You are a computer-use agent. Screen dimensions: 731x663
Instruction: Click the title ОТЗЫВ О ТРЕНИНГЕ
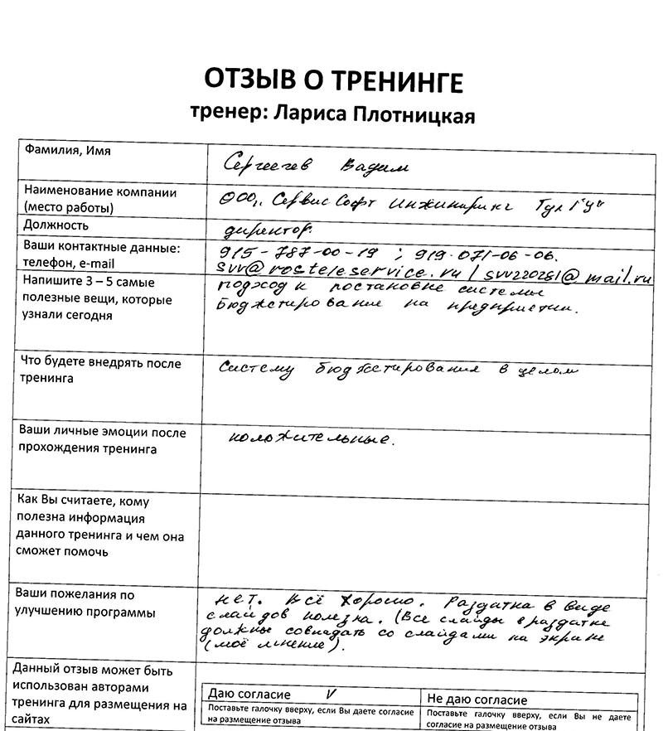(333, 82)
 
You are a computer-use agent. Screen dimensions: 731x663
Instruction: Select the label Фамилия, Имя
(68, 152)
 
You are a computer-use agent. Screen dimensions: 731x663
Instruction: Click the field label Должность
(56, 225)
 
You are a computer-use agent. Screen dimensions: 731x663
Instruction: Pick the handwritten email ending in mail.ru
(565, 271)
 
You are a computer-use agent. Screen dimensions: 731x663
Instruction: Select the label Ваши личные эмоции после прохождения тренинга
(102, 441)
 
